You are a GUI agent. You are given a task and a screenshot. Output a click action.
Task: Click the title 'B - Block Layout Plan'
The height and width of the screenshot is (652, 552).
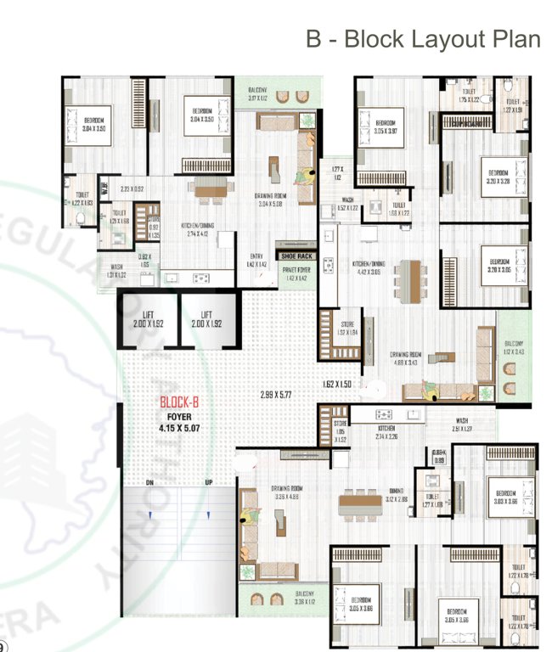tap(422, 39)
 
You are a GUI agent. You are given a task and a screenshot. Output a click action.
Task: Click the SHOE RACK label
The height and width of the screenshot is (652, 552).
tap(296, 255)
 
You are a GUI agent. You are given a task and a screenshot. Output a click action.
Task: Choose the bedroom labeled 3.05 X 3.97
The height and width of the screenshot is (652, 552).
tap(391, 126)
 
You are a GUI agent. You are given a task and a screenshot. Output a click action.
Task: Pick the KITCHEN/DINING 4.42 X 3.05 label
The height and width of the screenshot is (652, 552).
tap(371, 269)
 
